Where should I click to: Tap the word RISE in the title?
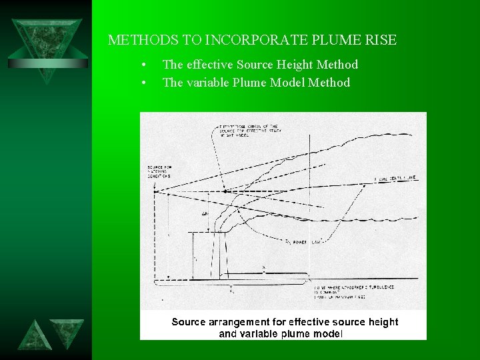point(380,40)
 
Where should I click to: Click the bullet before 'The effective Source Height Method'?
point(143,65)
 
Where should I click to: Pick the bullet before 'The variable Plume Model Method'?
point(143,83)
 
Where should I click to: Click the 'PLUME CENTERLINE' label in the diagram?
point(395,179)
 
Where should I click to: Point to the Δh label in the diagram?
point(204,214)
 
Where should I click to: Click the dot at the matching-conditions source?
point(154,191)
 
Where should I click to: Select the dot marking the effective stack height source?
point(225,191)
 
